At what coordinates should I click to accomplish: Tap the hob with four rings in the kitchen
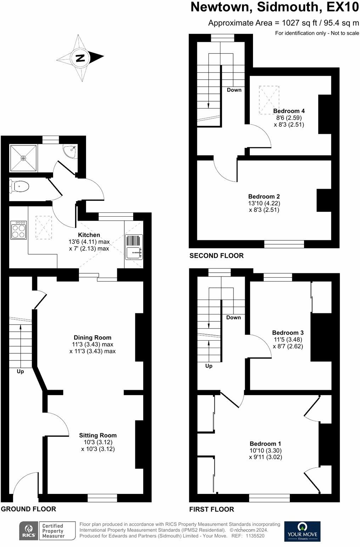pyautogui.click(x=18, y=230)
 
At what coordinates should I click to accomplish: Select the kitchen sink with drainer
pyautogui.click(x=134, y=247)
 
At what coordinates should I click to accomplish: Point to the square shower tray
pyautogui.click(x=23, y=158)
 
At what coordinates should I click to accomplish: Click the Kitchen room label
pyautogui.click(x=89, y=235)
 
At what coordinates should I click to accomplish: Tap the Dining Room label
pyautogui.click(x=92, y=337)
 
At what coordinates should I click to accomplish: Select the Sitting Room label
pyautogui.click(x=98, y=435)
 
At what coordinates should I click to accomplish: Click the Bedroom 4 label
pyautogui.click(x=289, y=111)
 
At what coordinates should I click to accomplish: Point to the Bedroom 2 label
pyautogui.click(x=264, y=196)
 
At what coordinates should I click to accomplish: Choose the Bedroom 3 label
pyautogui.click(x=288, y=332)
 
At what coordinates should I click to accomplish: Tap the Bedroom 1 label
pyautogui.click(x=265, y=444)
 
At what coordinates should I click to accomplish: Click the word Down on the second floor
pyautogui.click(x=234, y=90)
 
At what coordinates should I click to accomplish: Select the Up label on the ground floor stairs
pyautogui.click(x=21, y=371)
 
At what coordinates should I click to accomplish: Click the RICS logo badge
pyautogui.click(x=28, y=531)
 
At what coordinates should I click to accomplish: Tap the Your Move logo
pyautogui.click(x=302, y=531)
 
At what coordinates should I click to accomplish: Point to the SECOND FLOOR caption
pyautogui.click(x=216, y=256)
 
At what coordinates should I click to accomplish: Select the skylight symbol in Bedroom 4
pyautogui.click(x=269, y=100)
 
